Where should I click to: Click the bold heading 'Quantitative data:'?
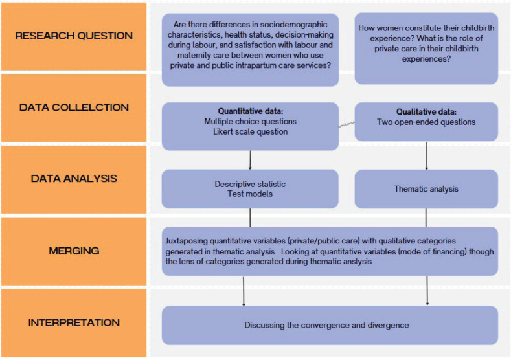[250, 111]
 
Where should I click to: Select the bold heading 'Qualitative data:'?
[426, 111]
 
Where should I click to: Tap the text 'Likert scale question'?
[250, 132]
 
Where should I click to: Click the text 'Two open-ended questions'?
[426, 122]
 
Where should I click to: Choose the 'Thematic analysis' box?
[426, 189]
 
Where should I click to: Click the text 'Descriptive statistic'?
[250, 185]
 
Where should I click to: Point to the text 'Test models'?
[250, 194]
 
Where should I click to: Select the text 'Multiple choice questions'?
[250, 122]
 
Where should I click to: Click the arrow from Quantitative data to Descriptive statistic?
[250, 159]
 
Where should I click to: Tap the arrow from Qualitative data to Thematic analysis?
[427, 155]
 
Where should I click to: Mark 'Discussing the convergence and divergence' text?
[326, 325]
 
